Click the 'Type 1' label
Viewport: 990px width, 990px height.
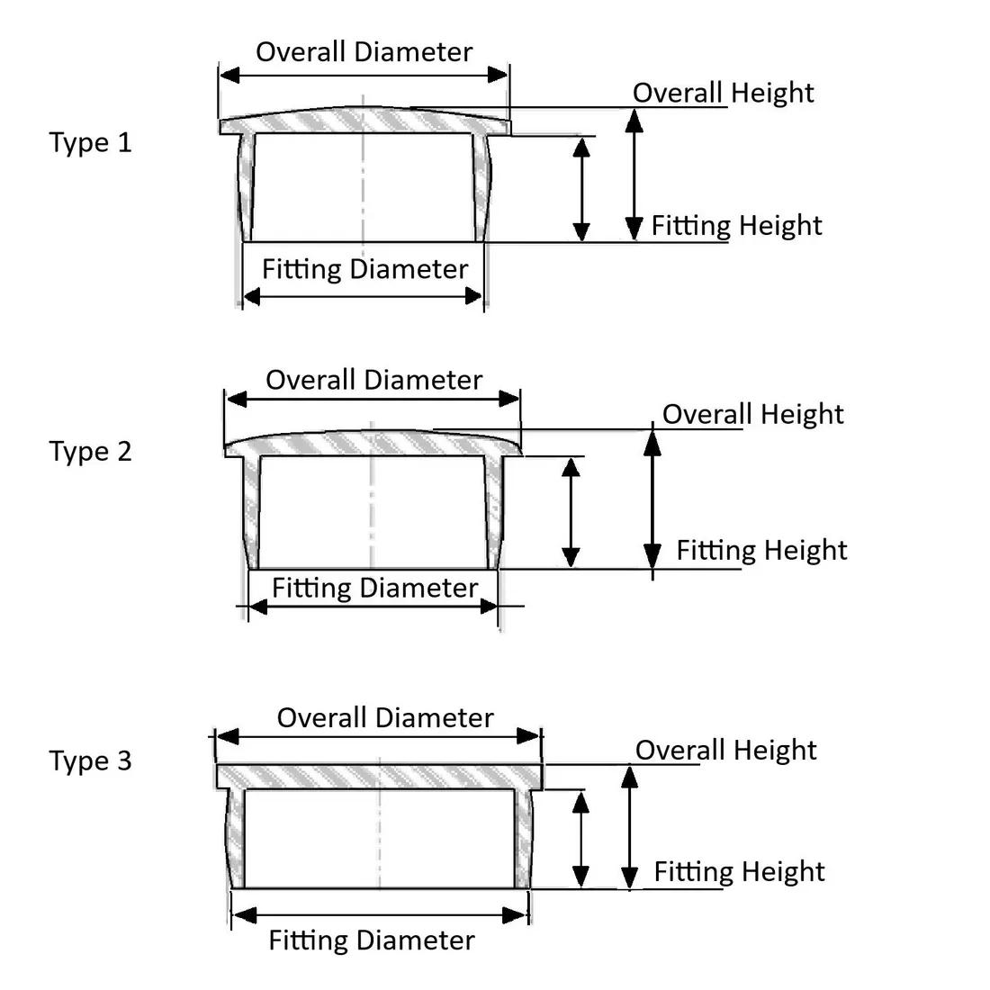(x=90, y=142)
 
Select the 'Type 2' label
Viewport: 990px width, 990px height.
(x=90, y=451)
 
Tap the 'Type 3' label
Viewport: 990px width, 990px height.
(x=90, y=760)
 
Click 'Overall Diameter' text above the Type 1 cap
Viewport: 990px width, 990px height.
(x=364, y=51)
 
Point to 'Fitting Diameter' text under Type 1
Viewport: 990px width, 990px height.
(x=364, y=269)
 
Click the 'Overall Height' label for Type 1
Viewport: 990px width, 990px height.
(x=723, y=93)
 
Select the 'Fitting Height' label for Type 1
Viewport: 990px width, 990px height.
(x=736, y=225)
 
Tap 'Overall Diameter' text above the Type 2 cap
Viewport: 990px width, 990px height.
(x=373, y=380)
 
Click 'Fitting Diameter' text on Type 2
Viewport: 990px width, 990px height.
(x=374, y=588)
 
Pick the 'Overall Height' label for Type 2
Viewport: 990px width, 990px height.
(x=752, y=414)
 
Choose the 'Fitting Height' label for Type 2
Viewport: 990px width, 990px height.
(x=761, y=550)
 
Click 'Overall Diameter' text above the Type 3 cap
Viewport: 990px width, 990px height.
(x=384, y=717)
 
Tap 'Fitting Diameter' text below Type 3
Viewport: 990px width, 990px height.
(x=371, y=940)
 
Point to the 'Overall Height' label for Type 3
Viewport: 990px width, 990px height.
(x=725, y=750)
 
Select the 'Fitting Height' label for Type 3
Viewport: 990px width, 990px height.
(x=739, y=871)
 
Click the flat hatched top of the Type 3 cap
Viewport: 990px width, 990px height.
(x=379, y=776)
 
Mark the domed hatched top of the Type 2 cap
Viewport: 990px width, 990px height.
(x=373, y=442)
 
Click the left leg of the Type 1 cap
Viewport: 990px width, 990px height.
(x=246, y=189)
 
